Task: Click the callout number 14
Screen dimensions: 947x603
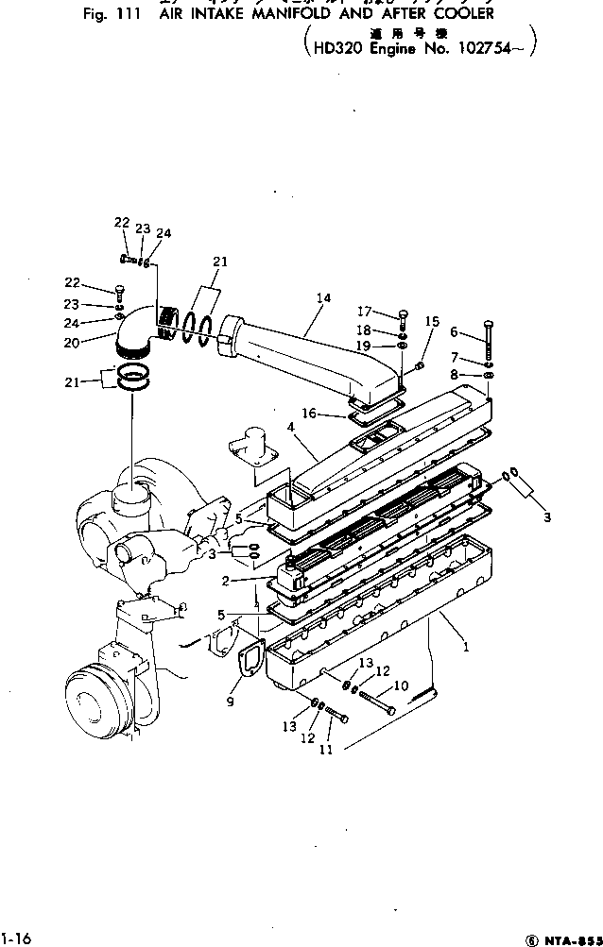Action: point(323,298)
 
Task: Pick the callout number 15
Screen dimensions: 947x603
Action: point(432,322)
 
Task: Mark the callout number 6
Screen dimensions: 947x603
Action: point(453,332)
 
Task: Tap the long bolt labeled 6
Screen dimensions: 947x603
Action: point(488,342)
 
